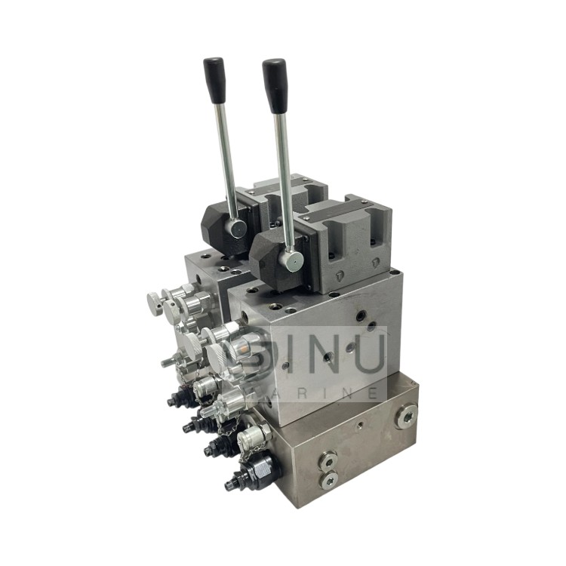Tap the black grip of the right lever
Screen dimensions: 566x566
[x=275, y=85]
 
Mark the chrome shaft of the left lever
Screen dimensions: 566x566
[x=226, y=162]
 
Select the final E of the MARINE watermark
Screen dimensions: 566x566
[x=373, y=392]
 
